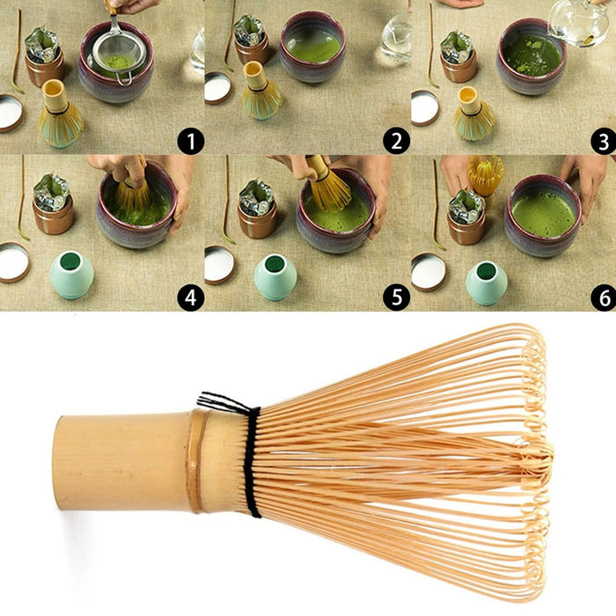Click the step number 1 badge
tap(189, 140)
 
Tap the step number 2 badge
tap(396, 140)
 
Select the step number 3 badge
tap(603, 140)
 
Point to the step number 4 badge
tap(189, 297)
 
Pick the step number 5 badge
tap(396, 297)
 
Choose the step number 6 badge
tap(603, 297)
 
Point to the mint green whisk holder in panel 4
tap(70, 275)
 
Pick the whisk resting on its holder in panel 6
tap(485, 174)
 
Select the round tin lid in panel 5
tap(219, 263)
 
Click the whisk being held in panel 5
tap(327, 183)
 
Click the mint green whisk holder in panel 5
tap(275, 276)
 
